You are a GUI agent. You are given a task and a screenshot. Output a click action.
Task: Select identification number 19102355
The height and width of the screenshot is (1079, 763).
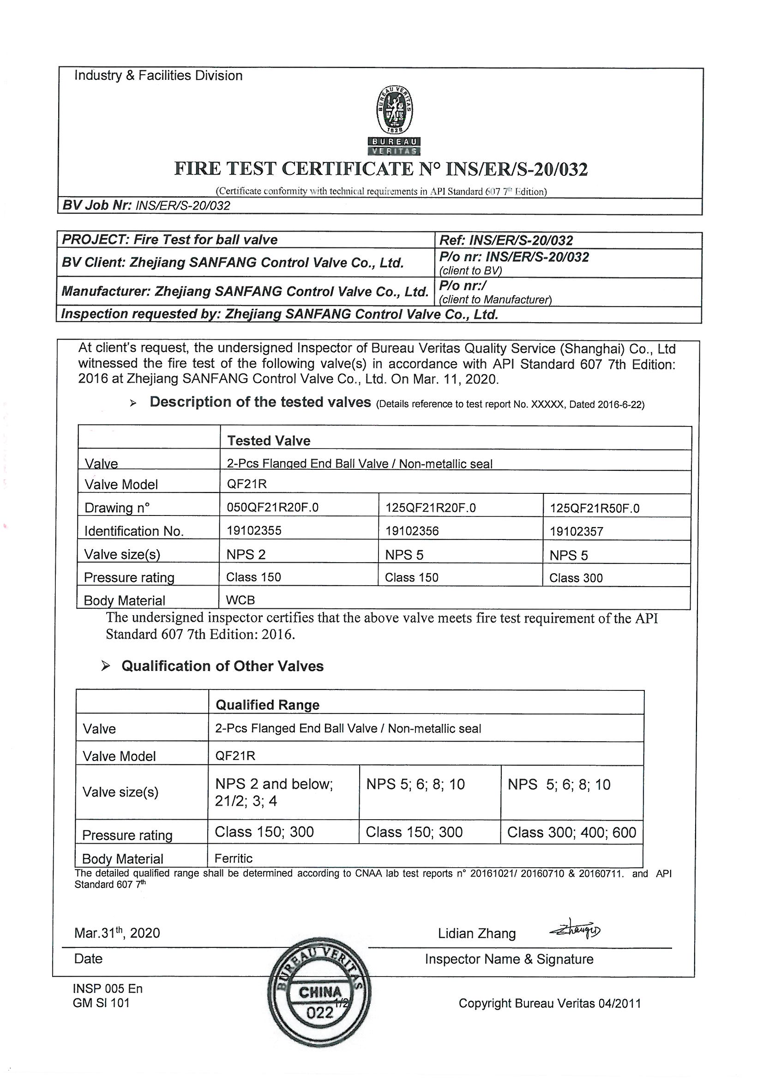point(254,531)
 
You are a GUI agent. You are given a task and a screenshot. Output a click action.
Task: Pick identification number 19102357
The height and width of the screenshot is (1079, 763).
point(577,532)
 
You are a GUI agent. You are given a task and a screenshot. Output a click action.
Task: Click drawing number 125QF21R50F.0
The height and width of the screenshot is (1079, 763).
point(594,508)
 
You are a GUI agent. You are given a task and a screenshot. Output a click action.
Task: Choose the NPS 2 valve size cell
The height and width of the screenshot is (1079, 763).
point(246,555)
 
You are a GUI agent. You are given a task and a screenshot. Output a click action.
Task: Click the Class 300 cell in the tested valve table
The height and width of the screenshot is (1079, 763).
point(576,578)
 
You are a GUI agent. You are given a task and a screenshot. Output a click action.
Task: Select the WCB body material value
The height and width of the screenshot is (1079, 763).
point(240,599)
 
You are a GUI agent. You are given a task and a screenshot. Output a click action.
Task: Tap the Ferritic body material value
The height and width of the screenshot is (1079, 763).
point(233,858)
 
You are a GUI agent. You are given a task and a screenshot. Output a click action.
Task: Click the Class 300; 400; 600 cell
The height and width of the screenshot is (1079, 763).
point(571,832)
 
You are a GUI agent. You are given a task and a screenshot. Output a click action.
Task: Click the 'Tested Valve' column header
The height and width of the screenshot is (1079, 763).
point(269,441)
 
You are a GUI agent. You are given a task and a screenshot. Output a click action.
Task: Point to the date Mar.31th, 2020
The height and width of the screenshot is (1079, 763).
point(117,933)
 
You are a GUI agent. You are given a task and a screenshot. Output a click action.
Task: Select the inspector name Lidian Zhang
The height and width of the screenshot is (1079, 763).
point(477,933)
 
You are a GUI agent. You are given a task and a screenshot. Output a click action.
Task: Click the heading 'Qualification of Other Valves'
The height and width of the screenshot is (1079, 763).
point(222,666)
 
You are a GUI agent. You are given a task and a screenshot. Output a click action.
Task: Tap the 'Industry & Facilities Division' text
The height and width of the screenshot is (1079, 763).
point(158,76)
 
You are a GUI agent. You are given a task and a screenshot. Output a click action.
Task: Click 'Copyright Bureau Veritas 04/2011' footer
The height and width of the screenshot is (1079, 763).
point(550,1003)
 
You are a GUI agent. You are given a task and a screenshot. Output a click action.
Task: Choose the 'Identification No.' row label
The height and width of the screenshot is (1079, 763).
point(134,532)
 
